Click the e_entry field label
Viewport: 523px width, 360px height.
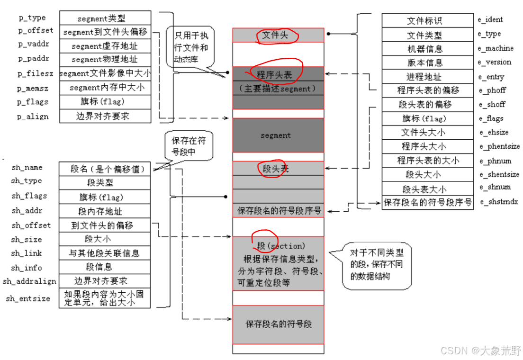(491, 77)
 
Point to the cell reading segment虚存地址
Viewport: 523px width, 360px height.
(105, 46)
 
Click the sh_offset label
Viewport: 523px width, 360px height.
(31, 225)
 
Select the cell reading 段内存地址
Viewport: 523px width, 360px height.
(105, 211)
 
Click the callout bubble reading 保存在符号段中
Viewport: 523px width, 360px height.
(189, 146)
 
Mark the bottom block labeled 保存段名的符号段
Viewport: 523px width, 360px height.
(278, 324)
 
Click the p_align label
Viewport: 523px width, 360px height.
(33, 117)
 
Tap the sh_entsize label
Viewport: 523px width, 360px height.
(28, 299)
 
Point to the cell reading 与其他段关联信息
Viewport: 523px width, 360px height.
(105, 253)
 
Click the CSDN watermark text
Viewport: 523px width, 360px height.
(480, 351)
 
